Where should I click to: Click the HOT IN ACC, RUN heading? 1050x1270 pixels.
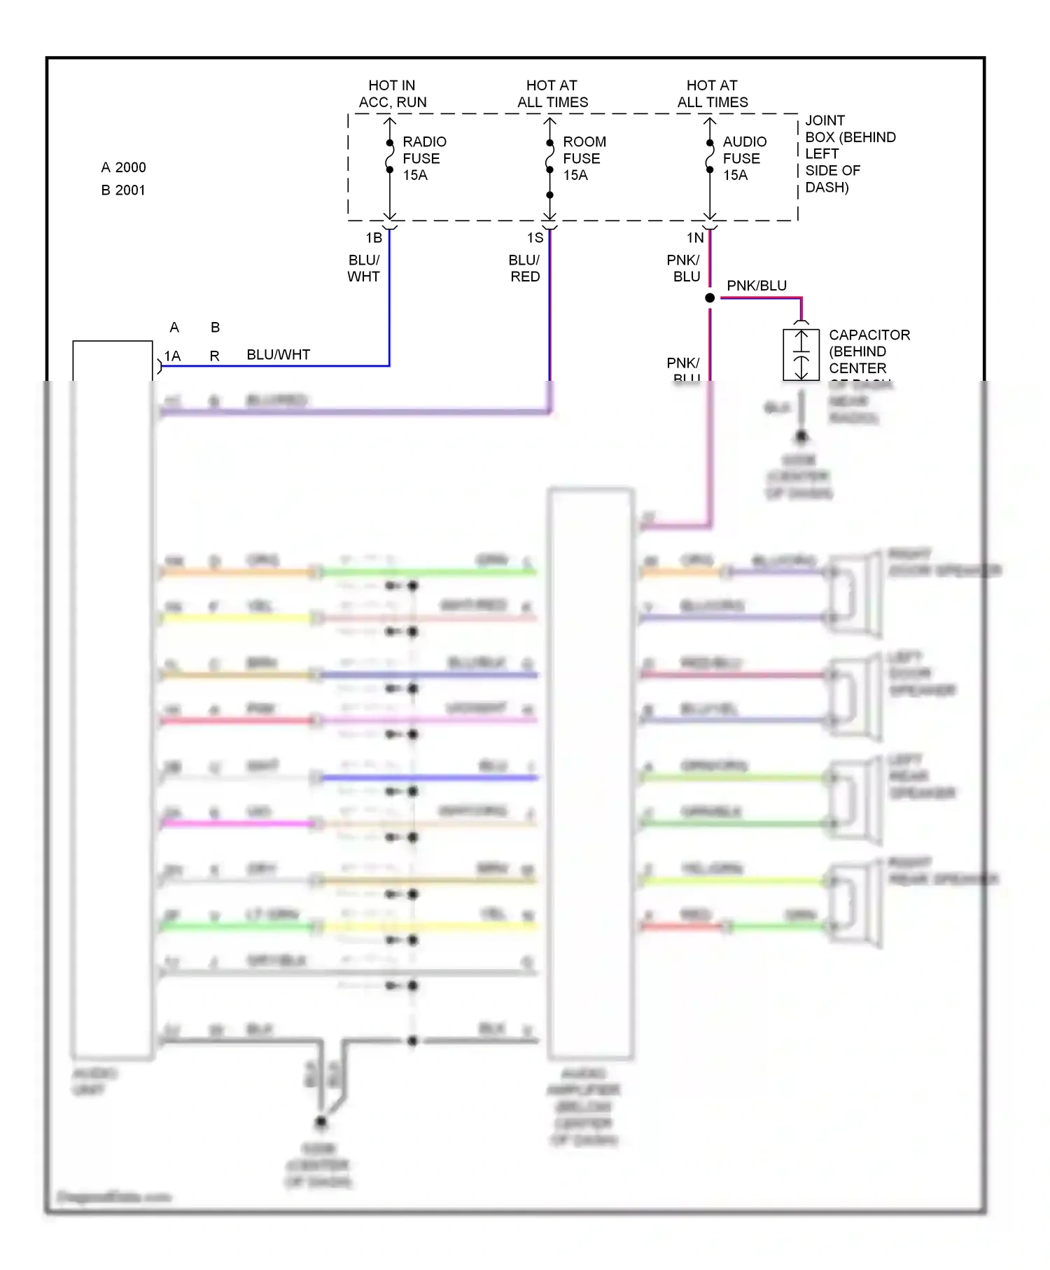pos(392,94)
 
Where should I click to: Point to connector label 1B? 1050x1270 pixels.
pos(374,238)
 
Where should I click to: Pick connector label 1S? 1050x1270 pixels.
pos(535,238)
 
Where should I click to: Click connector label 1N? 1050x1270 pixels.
pos(694,238)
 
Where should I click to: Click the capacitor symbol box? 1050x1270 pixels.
pos(801,355)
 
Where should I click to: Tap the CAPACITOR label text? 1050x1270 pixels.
pos(868,351)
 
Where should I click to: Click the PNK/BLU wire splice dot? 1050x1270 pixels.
pos(710,298)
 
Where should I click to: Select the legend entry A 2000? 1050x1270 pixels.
pos(123,167)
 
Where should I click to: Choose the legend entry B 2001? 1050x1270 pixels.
pos(123,190)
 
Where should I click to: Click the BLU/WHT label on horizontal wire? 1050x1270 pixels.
pos(278,355)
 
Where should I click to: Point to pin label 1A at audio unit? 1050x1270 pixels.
pos(172,356)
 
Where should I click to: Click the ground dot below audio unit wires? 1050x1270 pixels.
pos(321,1122)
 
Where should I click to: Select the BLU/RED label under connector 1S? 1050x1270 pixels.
pos(524,268)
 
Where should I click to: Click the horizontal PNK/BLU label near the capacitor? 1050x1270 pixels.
pos(756,286)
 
